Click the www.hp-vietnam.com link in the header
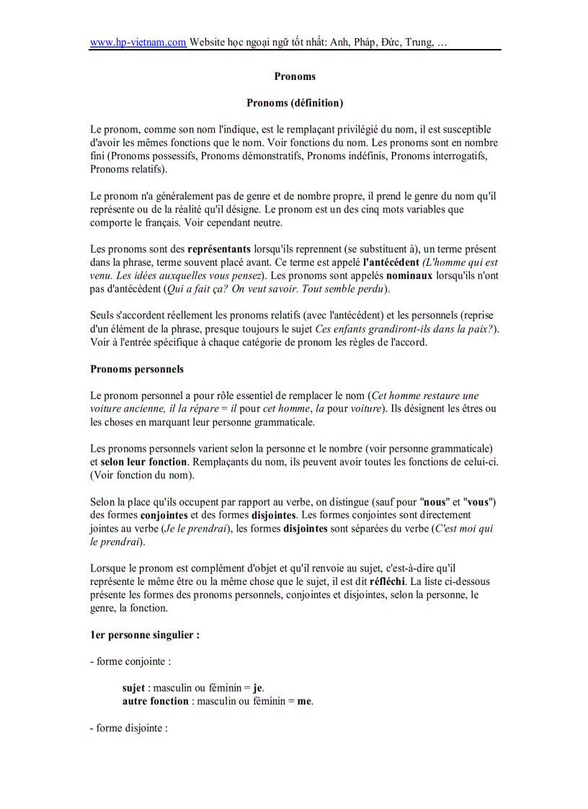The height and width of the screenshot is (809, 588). click(138, 43)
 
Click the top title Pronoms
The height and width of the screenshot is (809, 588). click(295, 76)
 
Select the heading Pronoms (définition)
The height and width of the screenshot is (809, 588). click(295, 103)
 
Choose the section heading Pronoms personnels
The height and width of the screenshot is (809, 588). click(137, 369)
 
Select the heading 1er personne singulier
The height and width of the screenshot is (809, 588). click(145, 635)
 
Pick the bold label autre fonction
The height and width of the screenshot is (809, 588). click(156, 701)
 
